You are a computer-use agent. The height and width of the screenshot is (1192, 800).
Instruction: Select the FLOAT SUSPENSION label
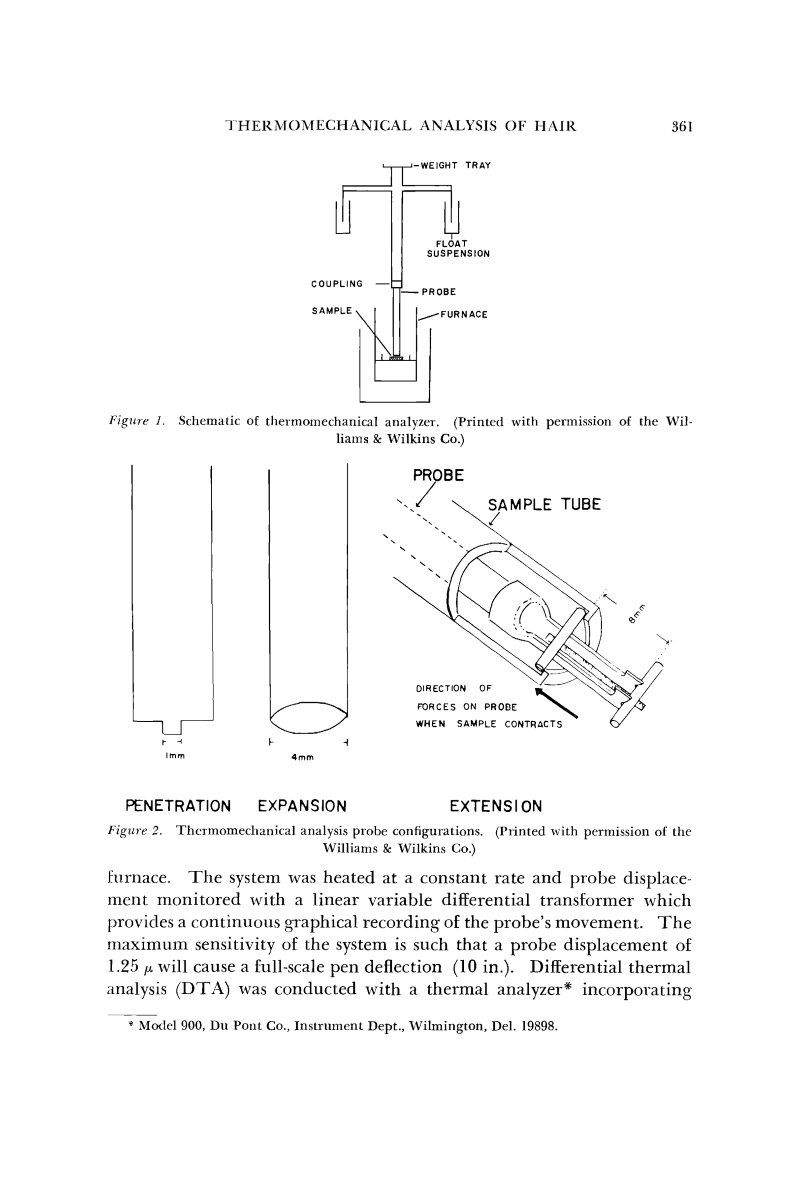click(x=458, y=249)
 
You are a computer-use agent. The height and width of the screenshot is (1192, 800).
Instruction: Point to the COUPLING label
click(x=337, y=284)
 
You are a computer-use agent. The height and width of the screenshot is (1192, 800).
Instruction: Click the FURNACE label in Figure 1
click(x=464, y=314)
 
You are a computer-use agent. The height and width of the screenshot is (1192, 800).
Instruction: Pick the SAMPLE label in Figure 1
click(x=332, y=310)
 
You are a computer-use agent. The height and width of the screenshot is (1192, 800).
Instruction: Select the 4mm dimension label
click(x=302, y=758)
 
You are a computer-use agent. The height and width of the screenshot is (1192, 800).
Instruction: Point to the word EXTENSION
click(x=496, y=807)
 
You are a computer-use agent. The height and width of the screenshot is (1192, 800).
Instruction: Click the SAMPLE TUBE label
click(x=544, y=505)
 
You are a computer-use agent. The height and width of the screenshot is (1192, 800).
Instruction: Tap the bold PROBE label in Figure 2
click(x=438, y=476)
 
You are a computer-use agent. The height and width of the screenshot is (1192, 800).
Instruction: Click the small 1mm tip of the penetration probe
click(x=173, y=727)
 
